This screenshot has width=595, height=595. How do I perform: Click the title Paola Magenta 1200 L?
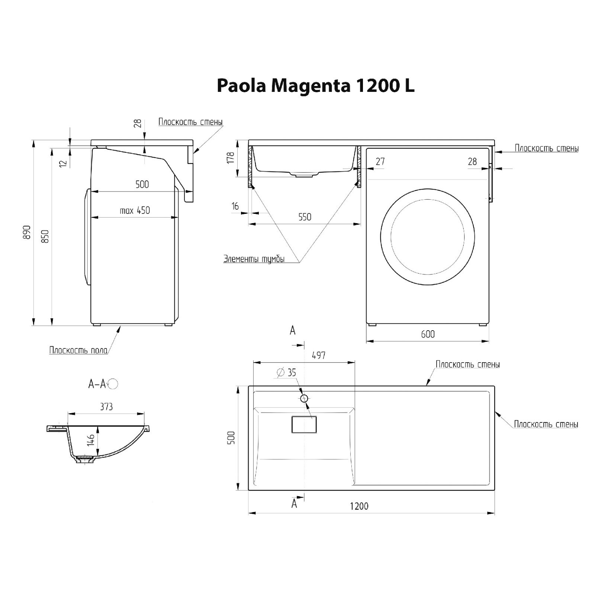[x=315, y=86]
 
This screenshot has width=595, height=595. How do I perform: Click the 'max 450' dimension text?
[x=135, y=210]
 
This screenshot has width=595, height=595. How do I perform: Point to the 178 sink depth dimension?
[x=231, y=158]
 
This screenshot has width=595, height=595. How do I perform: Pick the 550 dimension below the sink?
[x=305, y=217]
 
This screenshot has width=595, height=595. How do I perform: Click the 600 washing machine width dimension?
[x=428, y=334]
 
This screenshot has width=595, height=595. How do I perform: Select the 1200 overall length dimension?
[x=359, y=506]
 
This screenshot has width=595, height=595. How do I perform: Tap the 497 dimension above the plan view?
[x=319, y=355]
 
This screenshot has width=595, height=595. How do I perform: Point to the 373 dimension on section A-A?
[x=106, y=407]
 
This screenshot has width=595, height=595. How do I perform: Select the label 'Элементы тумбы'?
[x=254, y=259]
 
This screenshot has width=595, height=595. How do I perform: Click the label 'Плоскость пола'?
[x=78, y=350]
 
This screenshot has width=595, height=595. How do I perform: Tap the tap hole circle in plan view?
[x=304, y=398]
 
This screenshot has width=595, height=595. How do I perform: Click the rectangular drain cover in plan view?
[x=304, y=424]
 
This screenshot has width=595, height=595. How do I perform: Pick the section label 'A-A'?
[x=97, y=384]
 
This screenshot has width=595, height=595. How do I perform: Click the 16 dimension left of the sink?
[x=235, y=206]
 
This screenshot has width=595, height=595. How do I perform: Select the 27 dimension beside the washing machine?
[x=380, y=161]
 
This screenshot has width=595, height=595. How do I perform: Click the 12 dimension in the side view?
[x=63, y=163]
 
